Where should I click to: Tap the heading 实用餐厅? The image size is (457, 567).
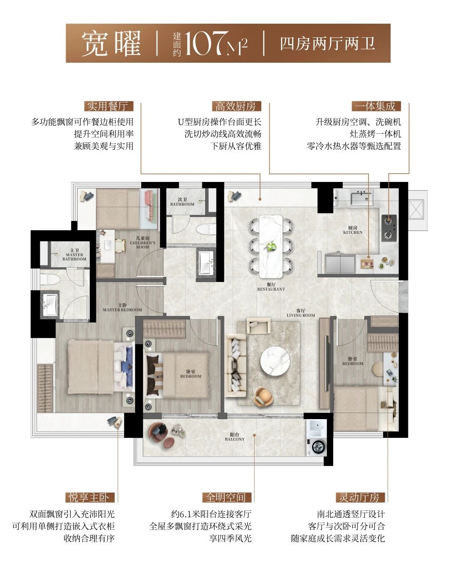(x=108, y=106)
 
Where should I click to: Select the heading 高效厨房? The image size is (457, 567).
(x=236, y=106)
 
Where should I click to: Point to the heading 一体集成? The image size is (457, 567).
(x=376, y=106)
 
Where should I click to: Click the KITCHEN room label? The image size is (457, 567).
(x=353, y=232)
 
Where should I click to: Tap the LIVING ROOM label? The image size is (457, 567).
(x=301, y=315)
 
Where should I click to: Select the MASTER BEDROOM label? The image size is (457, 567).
(x=122, y=310)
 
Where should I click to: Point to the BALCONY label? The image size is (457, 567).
(x=235, y=439)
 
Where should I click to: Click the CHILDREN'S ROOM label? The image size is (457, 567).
(x=143, y=245)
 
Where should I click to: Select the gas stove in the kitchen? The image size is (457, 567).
(x=389, y=228)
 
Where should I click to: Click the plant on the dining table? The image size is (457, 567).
(x=271, y=247)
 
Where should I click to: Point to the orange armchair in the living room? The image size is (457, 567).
(x=263, y=396)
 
